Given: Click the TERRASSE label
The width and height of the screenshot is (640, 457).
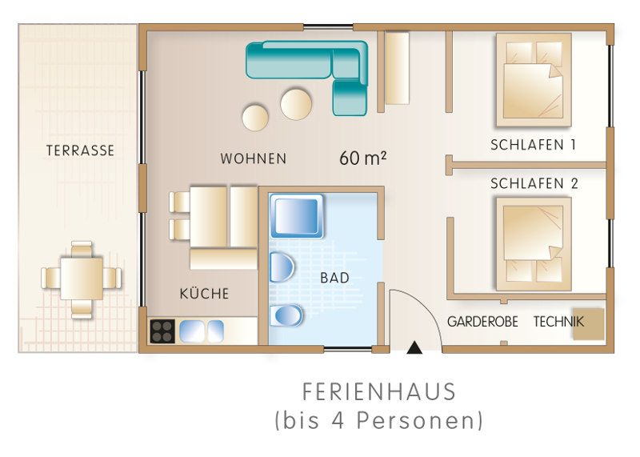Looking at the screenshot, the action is (x=80, y=150).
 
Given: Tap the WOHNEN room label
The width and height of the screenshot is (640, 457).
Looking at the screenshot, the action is (x=254, y=158).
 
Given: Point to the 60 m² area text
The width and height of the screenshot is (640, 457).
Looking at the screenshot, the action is (x=363, y=158).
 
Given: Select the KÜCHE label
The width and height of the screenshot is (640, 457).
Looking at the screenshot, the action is (x=204, y=293).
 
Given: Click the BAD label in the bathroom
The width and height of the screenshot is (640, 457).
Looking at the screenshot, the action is (x=334, y=278).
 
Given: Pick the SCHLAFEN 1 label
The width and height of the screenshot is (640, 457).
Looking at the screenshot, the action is (x=533, y=145).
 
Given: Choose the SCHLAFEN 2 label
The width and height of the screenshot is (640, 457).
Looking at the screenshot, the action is (x=534, y=184).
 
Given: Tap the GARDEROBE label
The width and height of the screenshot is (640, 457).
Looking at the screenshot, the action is (x=482, y=322).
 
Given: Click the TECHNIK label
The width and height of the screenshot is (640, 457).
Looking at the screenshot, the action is (x=558, y=322).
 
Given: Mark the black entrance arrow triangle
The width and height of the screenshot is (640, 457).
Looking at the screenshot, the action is (x=415, y=347).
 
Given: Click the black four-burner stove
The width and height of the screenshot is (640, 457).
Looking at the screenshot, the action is (x=162, y=331).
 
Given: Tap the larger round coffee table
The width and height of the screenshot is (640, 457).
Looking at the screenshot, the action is (x=296, y=105).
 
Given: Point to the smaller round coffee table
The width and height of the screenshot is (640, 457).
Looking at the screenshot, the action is (x=255, y=118).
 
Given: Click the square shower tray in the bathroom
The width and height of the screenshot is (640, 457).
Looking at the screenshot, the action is (x=297, y=216).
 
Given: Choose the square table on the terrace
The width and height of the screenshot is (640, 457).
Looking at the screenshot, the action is (x=82, y=278).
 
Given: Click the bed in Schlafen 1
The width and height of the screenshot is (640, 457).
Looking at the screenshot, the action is (x=534, y=80).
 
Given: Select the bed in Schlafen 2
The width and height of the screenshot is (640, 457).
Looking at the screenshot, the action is (x=534, y=244).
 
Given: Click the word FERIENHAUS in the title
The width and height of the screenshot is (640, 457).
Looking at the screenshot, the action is (x=379, y=392).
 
